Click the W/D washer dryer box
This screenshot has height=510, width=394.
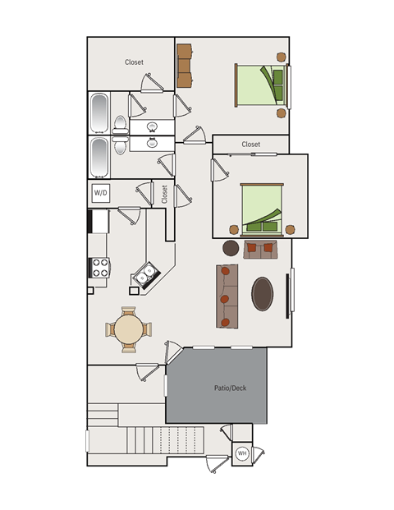100,193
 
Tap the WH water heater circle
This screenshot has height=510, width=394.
242,453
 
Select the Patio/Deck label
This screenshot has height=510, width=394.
230,388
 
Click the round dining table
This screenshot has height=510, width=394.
128,329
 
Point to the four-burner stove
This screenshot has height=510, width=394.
99,268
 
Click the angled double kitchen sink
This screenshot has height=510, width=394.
145,275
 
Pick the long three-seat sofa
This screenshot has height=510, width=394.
227,296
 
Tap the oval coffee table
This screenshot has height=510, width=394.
262,294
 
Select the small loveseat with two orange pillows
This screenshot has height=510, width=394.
260,250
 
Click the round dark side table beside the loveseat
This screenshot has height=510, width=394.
231,248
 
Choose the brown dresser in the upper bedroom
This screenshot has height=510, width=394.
185,66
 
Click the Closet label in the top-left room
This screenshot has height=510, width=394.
134,62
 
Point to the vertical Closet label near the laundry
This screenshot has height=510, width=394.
164,194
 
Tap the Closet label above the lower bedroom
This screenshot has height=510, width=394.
250,144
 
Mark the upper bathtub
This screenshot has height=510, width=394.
99,113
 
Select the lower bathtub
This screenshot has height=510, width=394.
99,158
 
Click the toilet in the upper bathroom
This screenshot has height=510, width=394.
120,125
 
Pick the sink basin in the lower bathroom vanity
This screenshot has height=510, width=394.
152,142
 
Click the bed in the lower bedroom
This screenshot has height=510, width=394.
262,209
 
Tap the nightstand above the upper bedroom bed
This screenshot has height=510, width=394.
282,57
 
